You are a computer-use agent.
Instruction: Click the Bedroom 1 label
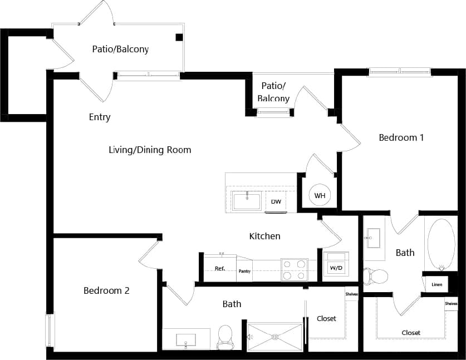(401, 137)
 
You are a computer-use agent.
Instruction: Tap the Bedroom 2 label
(106, 290)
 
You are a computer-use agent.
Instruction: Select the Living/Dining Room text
(150, 150)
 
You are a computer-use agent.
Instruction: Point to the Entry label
(100, 117)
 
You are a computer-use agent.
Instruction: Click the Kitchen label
(264, 236)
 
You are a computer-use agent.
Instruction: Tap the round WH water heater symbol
(320, 195)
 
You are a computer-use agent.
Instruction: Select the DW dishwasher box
(276, 201)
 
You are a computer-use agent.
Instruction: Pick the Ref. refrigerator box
(220, 269)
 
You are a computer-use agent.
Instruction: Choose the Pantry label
(244, 272)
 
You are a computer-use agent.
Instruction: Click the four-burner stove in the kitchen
(294, 269)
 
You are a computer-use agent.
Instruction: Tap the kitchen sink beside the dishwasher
(247, 200)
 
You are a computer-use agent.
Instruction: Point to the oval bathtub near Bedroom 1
(441, 244)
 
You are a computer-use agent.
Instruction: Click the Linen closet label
(436, 285)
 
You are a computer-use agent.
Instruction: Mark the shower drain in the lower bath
(274, 337)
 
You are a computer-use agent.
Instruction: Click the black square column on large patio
(179, 37)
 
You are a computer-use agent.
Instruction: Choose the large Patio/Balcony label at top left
(120, 49)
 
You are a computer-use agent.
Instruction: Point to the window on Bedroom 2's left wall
(50, 329)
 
